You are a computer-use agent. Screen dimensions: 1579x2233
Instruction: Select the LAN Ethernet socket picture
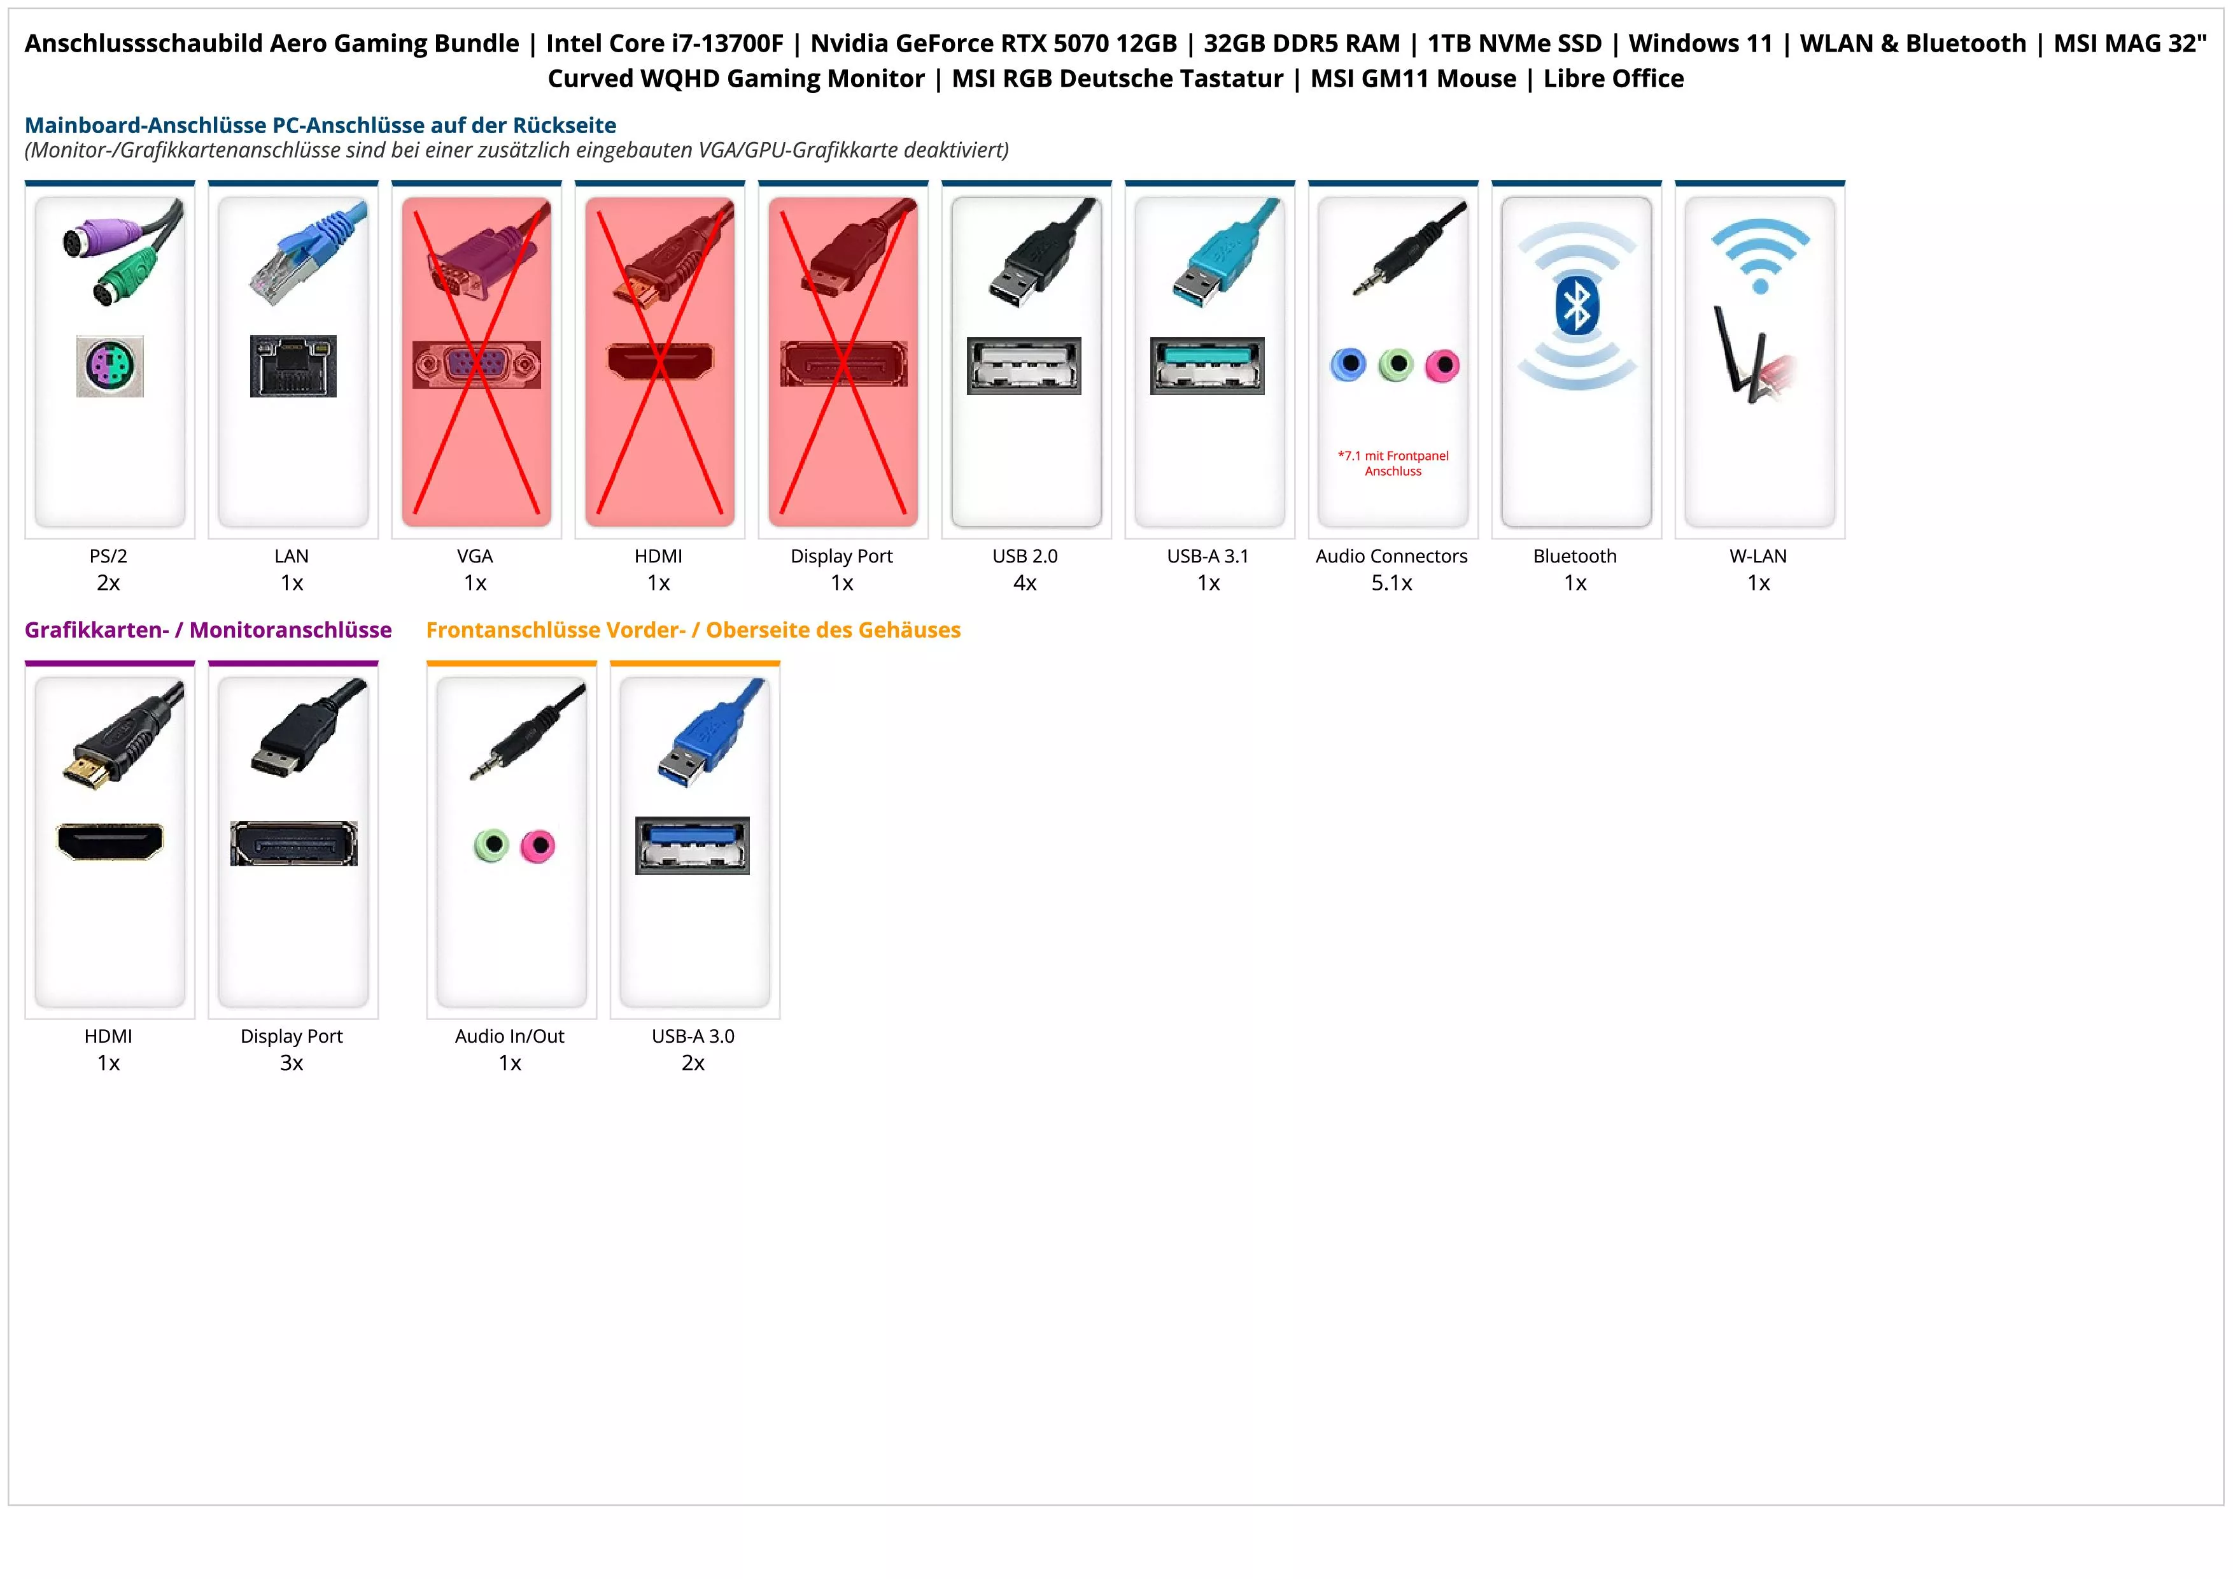tap(293, 366)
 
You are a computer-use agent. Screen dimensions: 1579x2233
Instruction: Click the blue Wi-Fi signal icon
tap(1759, 255)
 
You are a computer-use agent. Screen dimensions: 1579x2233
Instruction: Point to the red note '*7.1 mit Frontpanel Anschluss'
tap(1393, 463)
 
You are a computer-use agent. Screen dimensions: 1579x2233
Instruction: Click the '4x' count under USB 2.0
tap(1025, 583)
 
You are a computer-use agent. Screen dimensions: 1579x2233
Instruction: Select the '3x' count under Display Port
tap(292, 1062)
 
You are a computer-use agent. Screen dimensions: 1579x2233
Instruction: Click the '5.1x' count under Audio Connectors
tap(1391, 583)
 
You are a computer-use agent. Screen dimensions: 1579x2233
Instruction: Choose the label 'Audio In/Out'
tap(510, 1036)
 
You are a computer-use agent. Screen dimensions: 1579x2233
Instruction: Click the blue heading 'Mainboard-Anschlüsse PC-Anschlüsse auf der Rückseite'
tap(320, 125)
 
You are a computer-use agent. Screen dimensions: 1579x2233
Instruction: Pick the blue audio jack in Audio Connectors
tap(1348, 365)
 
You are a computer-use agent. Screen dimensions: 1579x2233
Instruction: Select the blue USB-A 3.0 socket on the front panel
tap(693, 845)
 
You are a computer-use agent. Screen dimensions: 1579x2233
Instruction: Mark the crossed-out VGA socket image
tap(477, 365)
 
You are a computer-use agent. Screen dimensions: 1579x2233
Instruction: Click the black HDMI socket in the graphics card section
tap(110, 841)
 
